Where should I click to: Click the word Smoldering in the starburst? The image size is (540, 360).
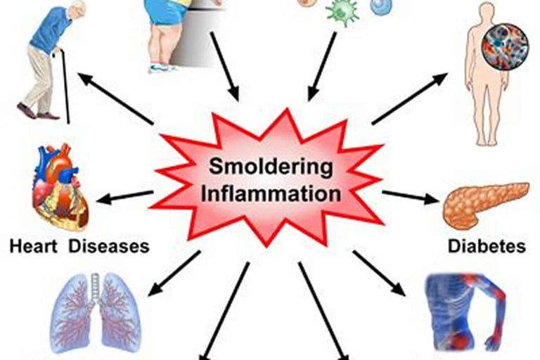[270, 168]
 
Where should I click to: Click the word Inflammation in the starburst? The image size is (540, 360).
[271, 193]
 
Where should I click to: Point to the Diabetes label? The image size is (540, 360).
[486, 246]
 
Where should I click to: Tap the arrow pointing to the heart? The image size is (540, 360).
[124, 197]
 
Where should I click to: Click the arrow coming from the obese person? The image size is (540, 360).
[224, 66]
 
